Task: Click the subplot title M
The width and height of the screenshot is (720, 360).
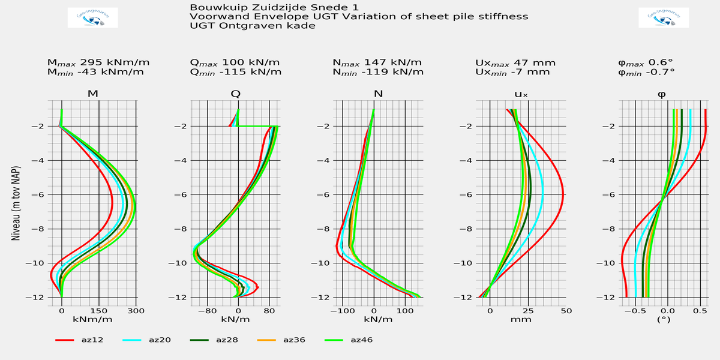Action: click(x=93, y=94)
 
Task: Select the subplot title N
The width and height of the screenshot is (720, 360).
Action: click(x=377, y=94)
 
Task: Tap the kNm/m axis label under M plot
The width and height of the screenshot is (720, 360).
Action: click(x=90, y=319)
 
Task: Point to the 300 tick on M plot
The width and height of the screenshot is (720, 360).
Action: click(x=136, y=310)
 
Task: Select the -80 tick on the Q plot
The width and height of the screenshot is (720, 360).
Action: click(x=206, y=310)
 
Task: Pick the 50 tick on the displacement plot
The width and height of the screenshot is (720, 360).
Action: click(x=565, y=310)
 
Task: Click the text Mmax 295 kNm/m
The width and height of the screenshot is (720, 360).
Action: click(x=98, y=62)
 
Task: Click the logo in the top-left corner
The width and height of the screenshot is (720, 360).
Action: click(x=92, y=18)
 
